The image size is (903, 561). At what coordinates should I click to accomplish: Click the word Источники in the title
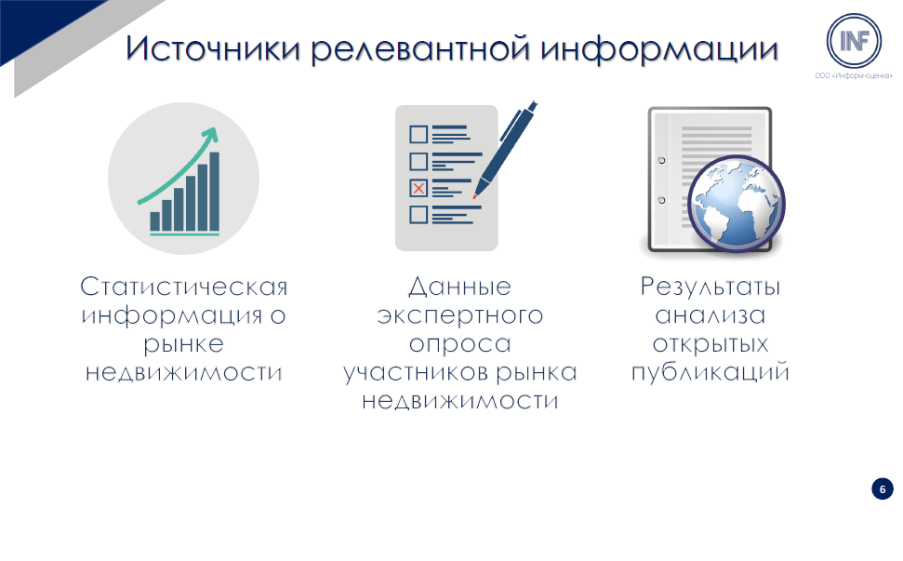click(213, 48)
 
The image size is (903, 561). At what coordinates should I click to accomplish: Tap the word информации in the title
click(659, 50)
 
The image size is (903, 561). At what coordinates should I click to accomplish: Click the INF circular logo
click(854, 41)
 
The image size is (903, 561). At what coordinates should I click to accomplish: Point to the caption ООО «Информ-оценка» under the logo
click(854, 75)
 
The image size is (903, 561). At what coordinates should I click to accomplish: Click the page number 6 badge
click(882, 489)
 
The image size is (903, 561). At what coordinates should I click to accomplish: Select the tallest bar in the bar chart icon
click(214, 192)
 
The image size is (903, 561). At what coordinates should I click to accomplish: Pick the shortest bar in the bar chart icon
click(155, 221)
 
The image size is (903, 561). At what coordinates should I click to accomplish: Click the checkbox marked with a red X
click(418, 188)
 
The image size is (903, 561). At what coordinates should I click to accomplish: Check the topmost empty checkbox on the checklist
click(418, 134)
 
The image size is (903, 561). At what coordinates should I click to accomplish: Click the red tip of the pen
click(475, 196)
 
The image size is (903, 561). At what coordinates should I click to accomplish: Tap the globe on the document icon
click(737, 204)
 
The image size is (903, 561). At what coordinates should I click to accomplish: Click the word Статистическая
click(184, 287)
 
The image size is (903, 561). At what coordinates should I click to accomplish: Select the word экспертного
click(460, 316)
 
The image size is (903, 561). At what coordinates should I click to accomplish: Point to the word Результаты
click(710, 287)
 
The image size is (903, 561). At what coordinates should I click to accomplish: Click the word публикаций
click(710, 373)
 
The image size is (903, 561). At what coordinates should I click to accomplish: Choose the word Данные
click(460, 287)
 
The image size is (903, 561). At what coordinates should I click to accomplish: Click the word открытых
click(710, 344)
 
